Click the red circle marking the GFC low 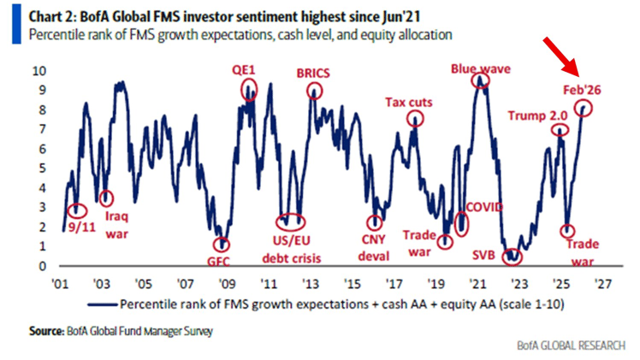coord(222,245)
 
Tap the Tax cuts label coord(415,103)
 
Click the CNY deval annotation coord(373,248)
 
